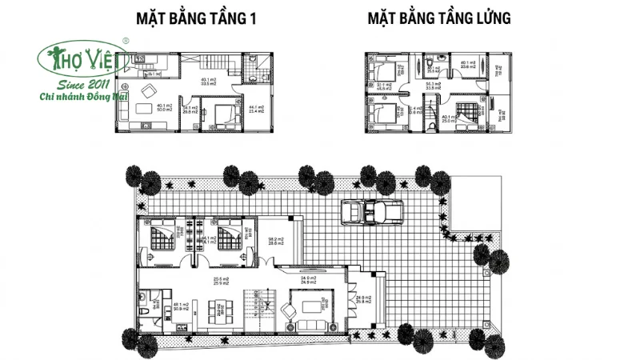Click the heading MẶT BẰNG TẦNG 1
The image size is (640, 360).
tap(193, 18)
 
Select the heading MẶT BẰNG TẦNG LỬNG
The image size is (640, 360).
tap(439, 18)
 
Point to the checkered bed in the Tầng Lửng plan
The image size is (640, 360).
tap(467, 110)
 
